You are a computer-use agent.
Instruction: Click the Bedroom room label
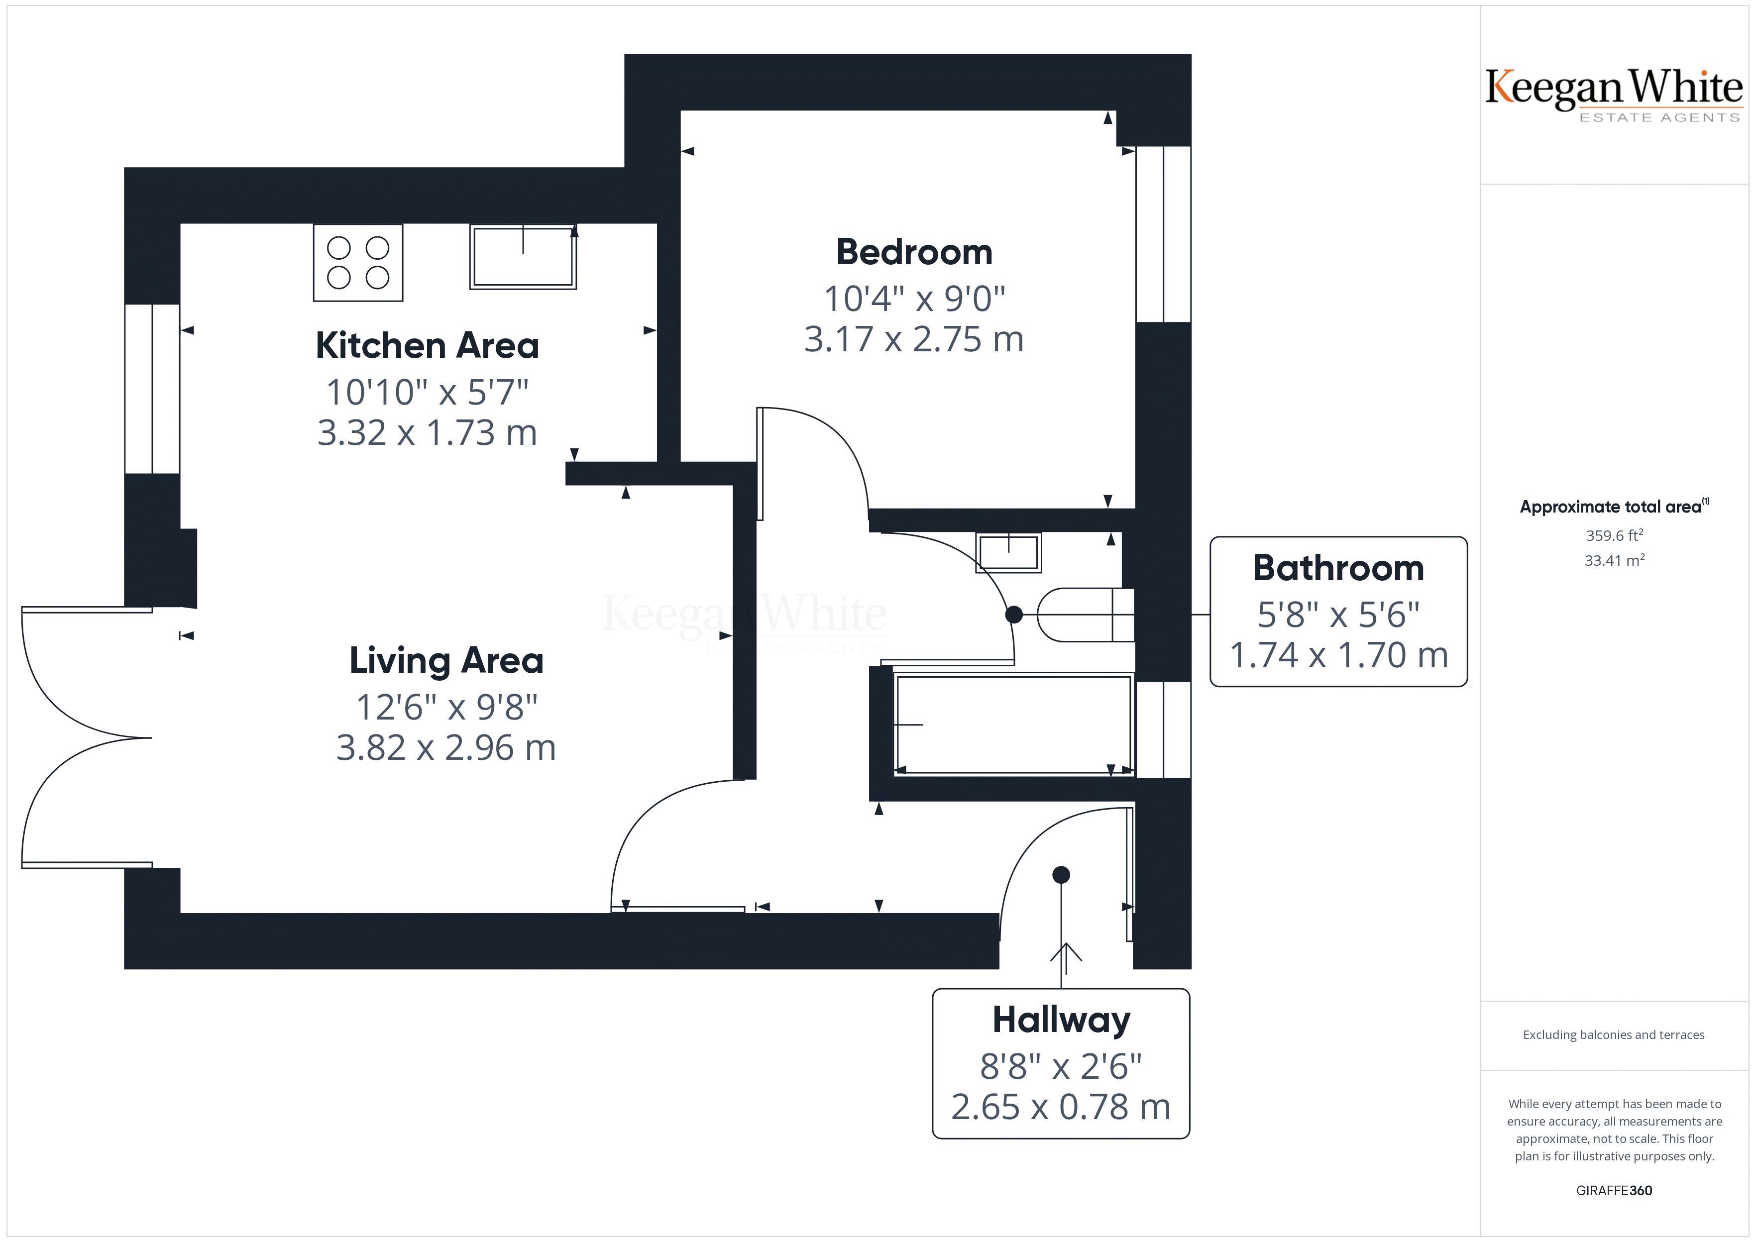[914, 252]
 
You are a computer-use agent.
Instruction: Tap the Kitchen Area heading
[427, 346]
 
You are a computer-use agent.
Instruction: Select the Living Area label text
[446, 661]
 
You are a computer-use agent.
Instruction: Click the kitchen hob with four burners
[358, 262]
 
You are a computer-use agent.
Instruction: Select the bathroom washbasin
[1008, 553]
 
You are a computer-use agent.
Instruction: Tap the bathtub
[1012, 724]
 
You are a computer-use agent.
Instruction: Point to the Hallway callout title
[1061, 1020]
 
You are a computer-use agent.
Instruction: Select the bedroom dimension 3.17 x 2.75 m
[914, 339]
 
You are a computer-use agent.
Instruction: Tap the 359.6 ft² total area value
[1614, 535]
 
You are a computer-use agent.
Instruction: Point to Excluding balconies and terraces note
[1614, 1035]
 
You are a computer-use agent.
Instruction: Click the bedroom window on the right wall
[1163, 234]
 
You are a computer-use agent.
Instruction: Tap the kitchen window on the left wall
[152, 389]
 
